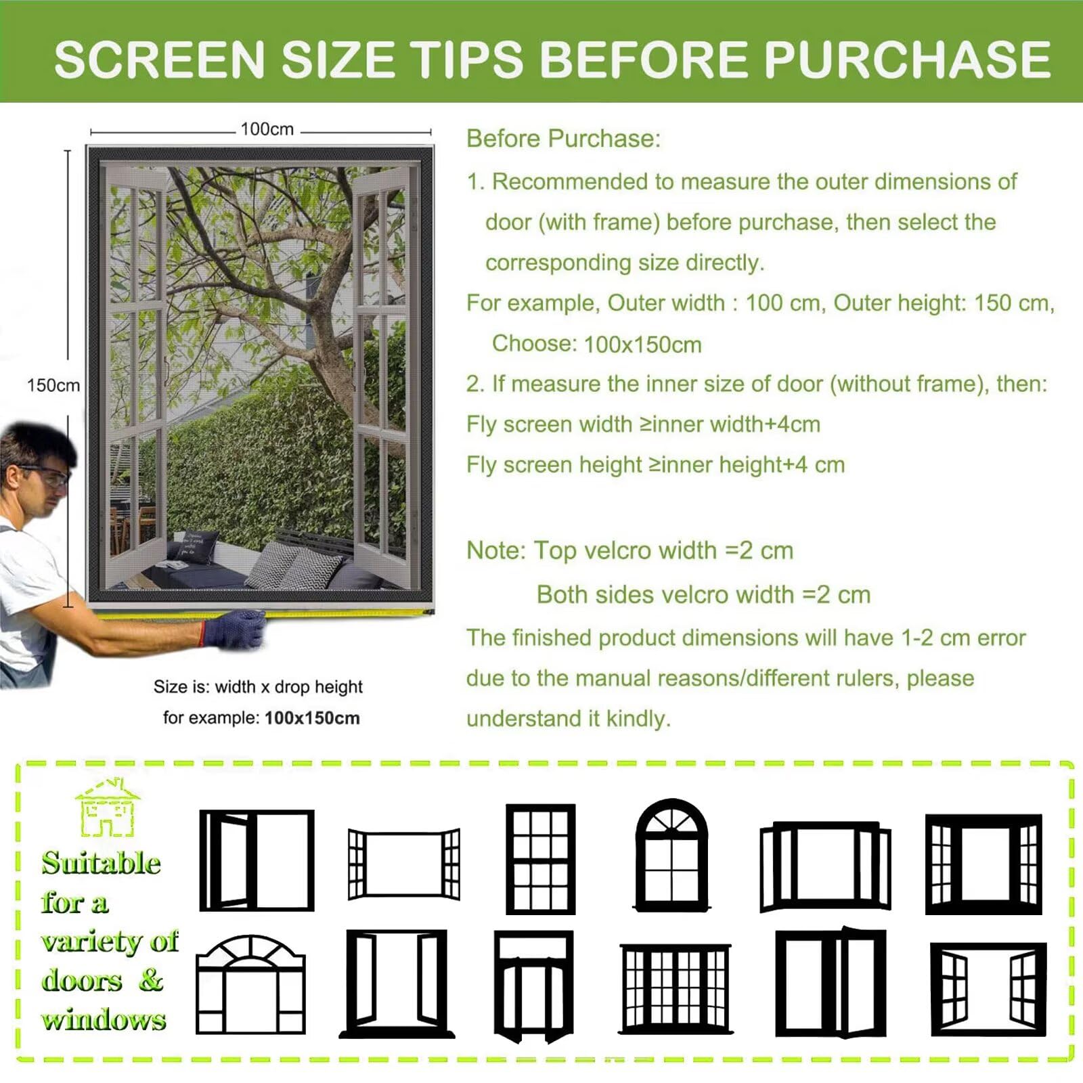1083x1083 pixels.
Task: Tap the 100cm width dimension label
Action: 267,129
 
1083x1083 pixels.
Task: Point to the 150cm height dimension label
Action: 53,385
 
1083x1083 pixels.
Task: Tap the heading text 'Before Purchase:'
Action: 563,139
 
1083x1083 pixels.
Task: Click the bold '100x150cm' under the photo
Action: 312,717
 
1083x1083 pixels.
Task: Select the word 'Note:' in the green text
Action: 496,550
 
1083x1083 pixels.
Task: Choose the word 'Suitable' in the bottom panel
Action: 101,863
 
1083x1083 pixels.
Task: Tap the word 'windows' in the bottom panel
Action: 104,1019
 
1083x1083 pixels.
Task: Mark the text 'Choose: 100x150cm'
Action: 596,344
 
